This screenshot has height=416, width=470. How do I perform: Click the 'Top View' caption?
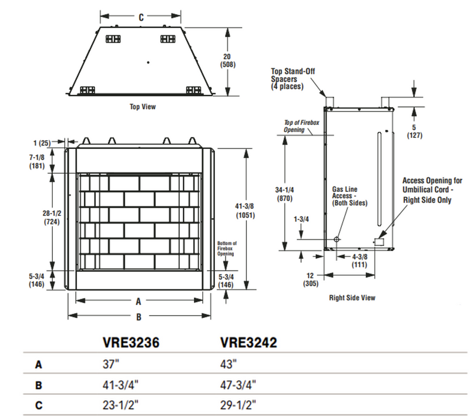142,107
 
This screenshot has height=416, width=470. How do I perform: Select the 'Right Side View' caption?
352,297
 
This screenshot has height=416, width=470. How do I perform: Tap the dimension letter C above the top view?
141,18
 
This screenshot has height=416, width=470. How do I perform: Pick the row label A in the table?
39,364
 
